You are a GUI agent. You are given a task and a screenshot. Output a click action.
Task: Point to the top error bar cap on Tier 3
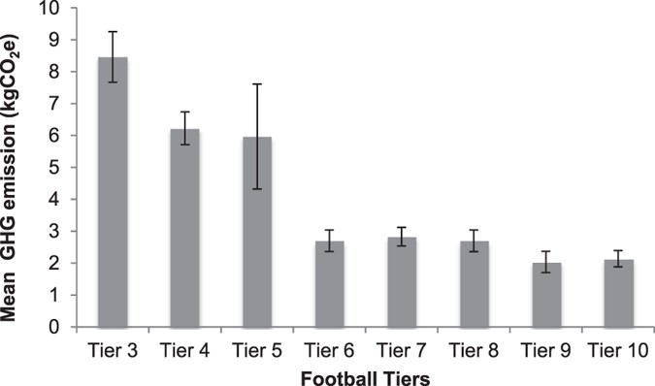point(112,32)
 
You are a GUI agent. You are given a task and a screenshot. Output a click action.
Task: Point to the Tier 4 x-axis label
point(184,347)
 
